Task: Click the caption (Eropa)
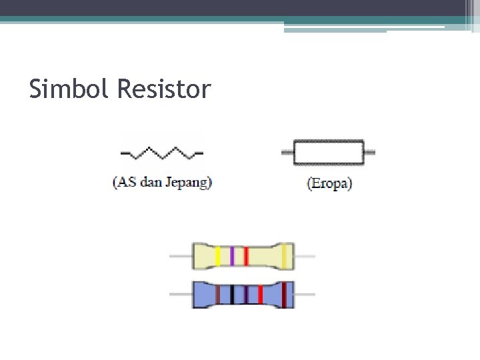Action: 329,183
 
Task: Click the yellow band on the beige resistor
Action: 217,256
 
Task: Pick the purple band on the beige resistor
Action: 231,256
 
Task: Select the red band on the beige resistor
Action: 246,256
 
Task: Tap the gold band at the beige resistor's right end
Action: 284,256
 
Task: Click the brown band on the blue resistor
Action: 217,294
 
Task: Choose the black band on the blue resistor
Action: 231,294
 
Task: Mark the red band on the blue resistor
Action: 260,294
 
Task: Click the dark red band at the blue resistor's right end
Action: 284,294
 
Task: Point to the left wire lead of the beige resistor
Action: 181,256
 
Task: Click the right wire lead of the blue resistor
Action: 305,294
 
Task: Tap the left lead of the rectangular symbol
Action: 287,153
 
